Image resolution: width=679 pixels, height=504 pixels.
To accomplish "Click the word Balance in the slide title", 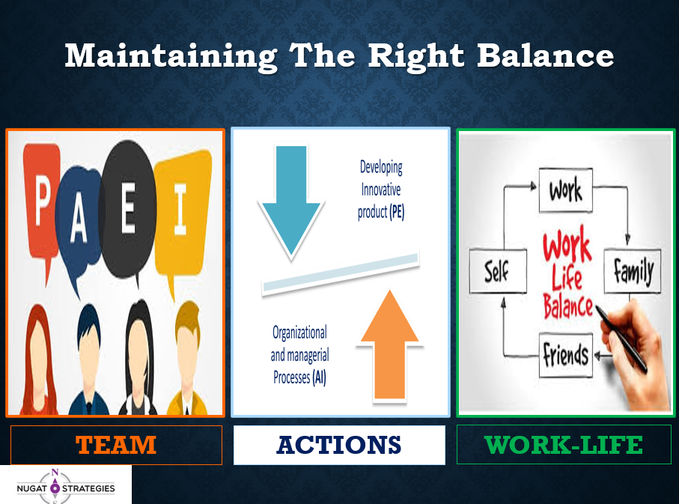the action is point(545,55).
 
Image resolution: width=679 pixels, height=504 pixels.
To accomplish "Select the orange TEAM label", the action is point(116,445).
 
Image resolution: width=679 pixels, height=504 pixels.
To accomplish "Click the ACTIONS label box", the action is point(339,445).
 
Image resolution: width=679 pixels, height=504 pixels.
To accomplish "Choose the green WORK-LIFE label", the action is point(564,445).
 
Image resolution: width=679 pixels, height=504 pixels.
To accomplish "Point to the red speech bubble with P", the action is point(40,204).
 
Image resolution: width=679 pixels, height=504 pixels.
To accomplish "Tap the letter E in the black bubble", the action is point(129,207).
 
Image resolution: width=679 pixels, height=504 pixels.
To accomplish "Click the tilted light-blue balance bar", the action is point(341,274).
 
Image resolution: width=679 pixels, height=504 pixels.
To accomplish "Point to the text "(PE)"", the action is point(397,213).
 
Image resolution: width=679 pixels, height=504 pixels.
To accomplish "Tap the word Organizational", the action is point(299,333).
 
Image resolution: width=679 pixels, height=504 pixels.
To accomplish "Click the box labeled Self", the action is point(498,271).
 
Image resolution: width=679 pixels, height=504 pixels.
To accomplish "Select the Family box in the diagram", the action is point(633,271).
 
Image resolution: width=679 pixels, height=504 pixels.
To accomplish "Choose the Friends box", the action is point(565,355).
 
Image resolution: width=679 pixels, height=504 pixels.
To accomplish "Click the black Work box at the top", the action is point(565,190).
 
